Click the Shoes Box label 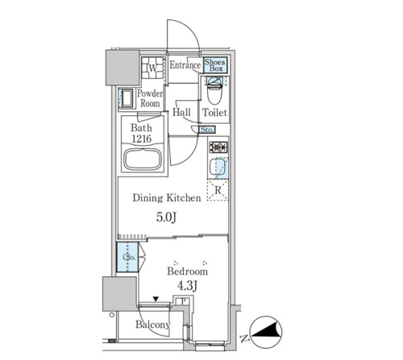point(215,65)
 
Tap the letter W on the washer point(152,68)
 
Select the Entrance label point(185,65)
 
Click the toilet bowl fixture point(214,91)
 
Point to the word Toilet point(214,113)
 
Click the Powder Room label point(150,98)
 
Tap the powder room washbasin point(127,98)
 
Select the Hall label point(181,112)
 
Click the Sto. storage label point(207,130)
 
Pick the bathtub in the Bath point(142,159)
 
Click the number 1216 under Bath point(142,139)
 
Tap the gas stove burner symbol point(218,147)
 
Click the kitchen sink point(218,168)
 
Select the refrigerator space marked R point(218,190)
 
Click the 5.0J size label point(166,217)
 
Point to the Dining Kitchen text point(167,198)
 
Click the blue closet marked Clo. point(127,257)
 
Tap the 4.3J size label point(187,287)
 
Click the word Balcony point(153,325)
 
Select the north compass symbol point(267,332)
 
